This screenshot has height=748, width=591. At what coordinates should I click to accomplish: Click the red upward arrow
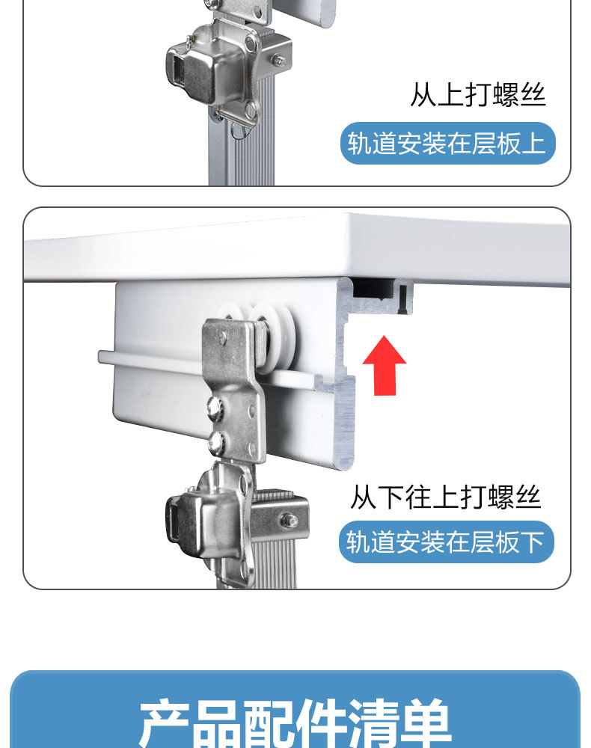pos(384,367)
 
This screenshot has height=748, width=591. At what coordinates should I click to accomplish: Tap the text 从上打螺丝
pos(477,96)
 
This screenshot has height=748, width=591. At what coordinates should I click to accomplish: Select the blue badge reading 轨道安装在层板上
pos(448,142)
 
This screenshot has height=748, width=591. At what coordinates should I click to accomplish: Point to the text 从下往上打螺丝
pos(445,497)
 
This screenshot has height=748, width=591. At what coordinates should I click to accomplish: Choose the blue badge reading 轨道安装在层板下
pos(446,542)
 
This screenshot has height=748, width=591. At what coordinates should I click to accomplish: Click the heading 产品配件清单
pos(295,723)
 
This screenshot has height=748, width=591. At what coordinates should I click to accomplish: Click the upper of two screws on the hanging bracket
pos(215,409)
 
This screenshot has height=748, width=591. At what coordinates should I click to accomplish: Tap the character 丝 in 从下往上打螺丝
pos(527,497)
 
